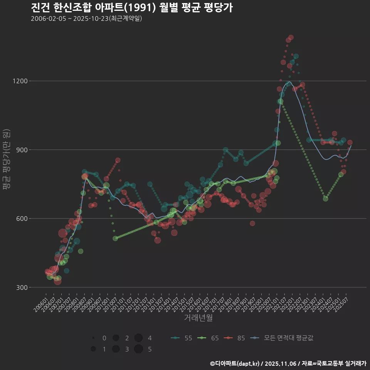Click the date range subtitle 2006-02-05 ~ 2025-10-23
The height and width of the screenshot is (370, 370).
pyautogui.click(x=86, y=18)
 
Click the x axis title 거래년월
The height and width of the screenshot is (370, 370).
pyautogui.click(x=198, y=318)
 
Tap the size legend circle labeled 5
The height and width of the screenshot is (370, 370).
pyautogui.click(x=139, y=349)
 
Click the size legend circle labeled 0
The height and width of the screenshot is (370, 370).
pyautogui.click(x=93, y=338)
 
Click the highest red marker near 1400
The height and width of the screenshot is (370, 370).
pyautogui.click(x=291, y=37)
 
